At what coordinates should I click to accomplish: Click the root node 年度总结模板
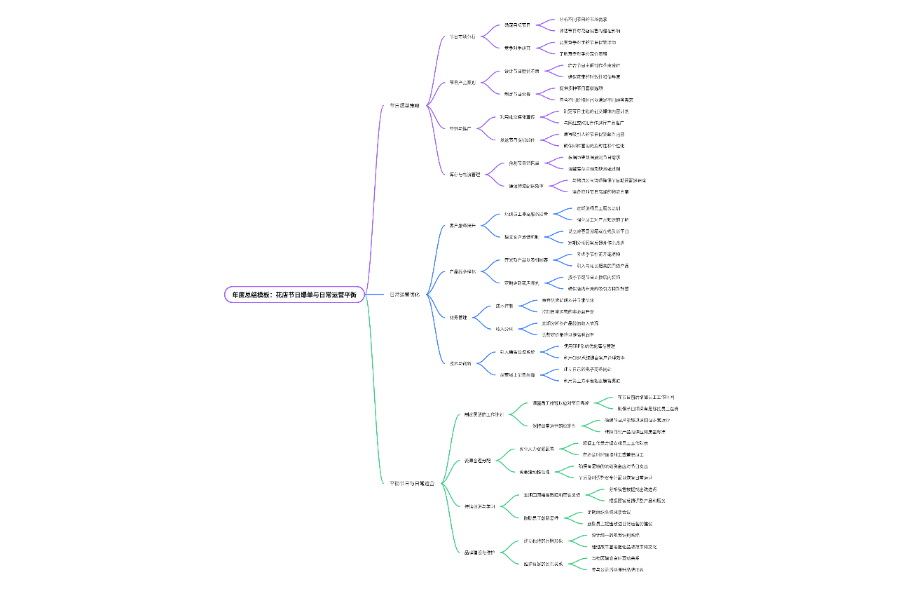294,294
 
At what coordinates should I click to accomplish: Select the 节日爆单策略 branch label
404,106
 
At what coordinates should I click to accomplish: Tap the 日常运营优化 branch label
404,294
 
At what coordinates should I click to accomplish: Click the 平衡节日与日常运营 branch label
412,483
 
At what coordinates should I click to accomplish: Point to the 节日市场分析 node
462,36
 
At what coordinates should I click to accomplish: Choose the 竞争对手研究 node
517,48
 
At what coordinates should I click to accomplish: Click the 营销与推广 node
460,128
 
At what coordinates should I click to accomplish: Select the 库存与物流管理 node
465,175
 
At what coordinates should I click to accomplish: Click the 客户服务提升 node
462,226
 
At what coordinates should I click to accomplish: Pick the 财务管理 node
458,318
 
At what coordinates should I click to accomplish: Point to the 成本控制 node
504,306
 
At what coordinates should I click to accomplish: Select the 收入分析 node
504,329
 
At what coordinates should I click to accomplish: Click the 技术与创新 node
460,363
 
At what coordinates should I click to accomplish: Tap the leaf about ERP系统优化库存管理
589,346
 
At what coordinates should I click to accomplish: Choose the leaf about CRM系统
594,358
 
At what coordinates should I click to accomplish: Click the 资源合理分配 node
477,461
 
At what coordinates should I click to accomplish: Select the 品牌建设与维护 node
479,553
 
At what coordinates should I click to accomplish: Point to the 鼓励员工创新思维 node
540,518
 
